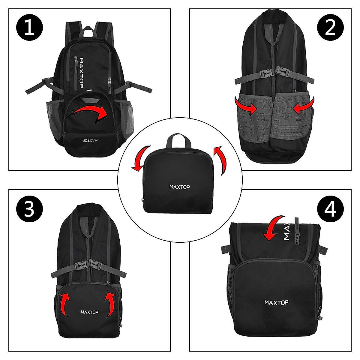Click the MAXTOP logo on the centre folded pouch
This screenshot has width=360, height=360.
click(180, 187)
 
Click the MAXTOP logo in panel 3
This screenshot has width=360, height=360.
click(89, 312)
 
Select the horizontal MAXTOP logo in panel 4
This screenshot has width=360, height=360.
click(276, 302)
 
